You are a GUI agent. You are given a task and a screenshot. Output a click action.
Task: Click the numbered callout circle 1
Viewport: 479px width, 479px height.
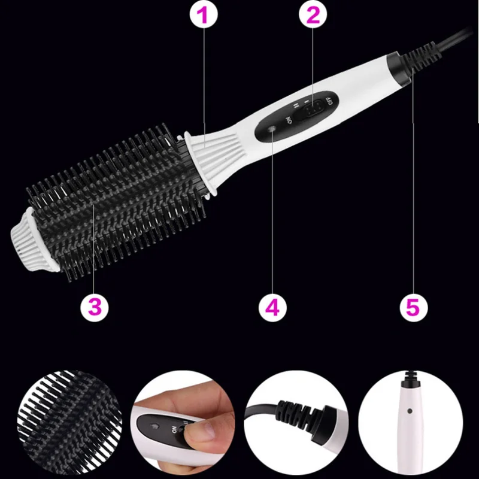(204, 14)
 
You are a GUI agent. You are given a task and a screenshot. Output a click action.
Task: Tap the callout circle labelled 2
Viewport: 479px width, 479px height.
(313, 14)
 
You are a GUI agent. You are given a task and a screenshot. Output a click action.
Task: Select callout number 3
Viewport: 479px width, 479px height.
(95, 307)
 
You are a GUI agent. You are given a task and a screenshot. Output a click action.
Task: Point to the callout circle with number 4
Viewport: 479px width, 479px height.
(272, 307)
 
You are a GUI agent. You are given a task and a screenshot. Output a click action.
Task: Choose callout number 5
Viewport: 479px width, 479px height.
(414, 307)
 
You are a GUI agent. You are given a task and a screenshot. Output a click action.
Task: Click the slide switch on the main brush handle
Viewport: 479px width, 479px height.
(309, 110)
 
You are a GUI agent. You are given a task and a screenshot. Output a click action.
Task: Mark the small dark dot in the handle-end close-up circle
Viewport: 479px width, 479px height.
(410, 411)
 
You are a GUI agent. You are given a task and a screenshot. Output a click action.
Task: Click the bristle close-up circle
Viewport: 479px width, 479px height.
(69, 422)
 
